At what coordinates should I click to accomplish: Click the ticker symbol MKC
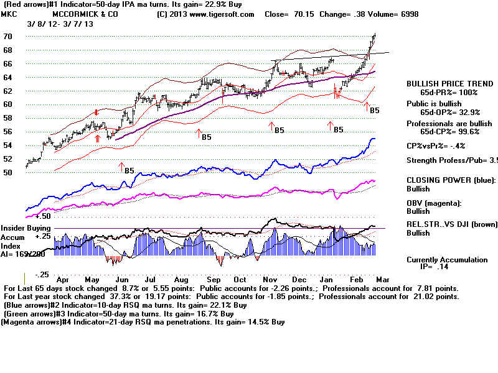9,14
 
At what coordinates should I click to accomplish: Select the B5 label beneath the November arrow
279,131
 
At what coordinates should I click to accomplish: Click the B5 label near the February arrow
375,111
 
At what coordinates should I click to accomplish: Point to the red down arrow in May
96,112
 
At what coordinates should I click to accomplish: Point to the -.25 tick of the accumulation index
41,274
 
